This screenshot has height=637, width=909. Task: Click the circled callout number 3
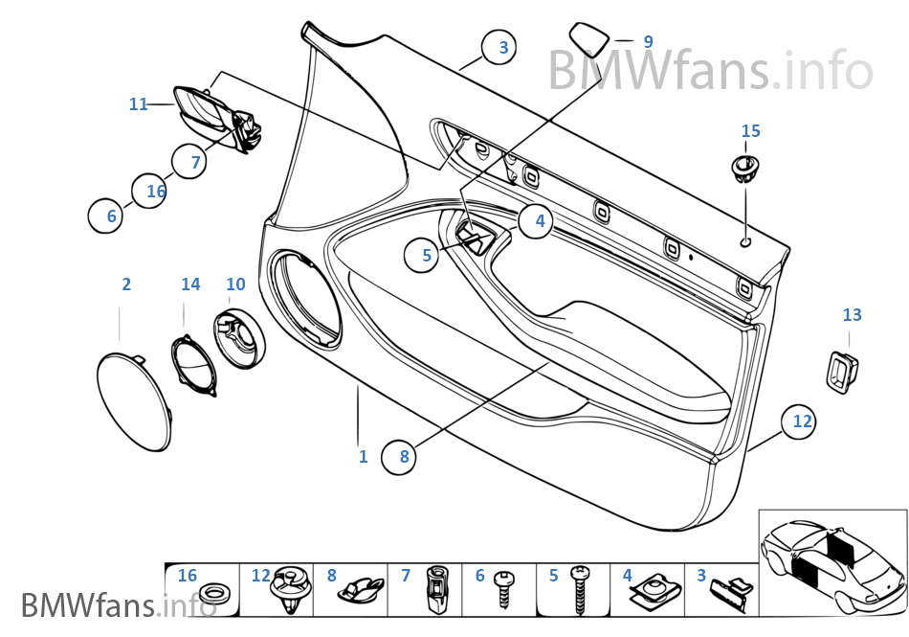point(503,46)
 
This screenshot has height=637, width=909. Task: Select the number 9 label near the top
point(648,42)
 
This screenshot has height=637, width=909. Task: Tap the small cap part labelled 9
point(590,39)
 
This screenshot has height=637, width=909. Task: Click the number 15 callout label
point(750,130)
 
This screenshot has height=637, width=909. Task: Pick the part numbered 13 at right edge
point(840,369)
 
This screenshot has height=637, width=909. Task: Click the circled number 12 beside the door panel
point(801,421)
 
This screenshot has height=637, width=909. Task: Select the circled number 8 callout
point(404,457)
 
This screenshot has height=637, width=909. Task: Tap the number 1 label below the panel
point(363,457)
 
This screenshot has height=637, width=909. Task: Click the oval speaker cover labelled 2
point(135,399)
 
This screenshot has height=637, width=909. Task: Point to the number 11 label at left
point(139,103)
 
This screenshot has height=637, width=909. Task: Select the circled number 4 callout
point(539,221)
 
